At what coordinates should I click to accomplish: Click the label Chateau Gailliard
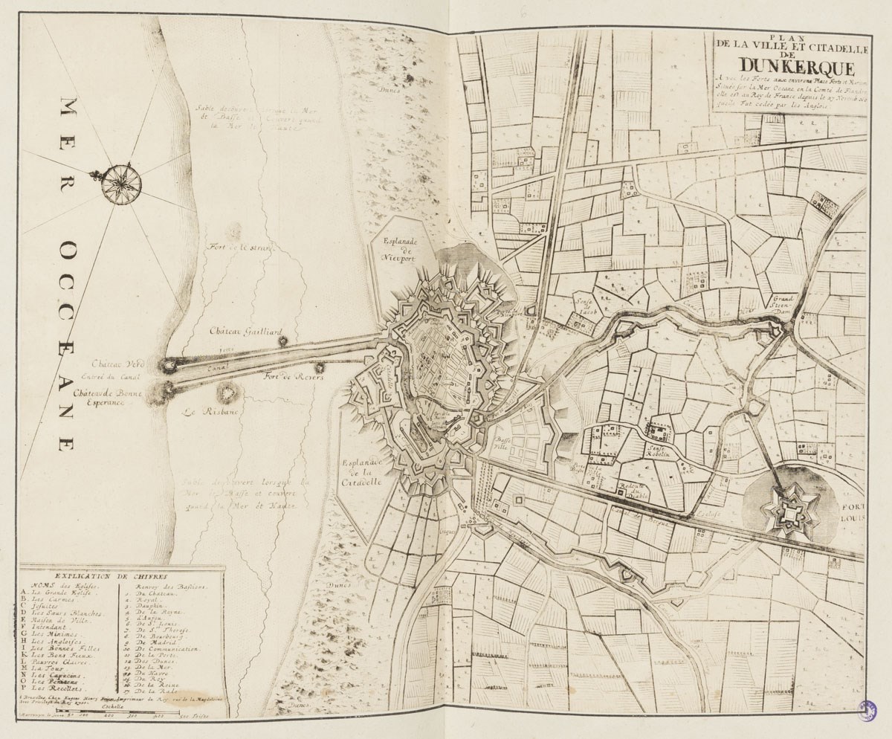[x=239, y=330]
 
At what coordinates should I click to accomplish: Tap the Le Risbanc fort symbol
[x=225, y=392]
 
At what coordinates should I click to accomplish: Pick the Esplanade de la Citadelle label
[x=362, y=472]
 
